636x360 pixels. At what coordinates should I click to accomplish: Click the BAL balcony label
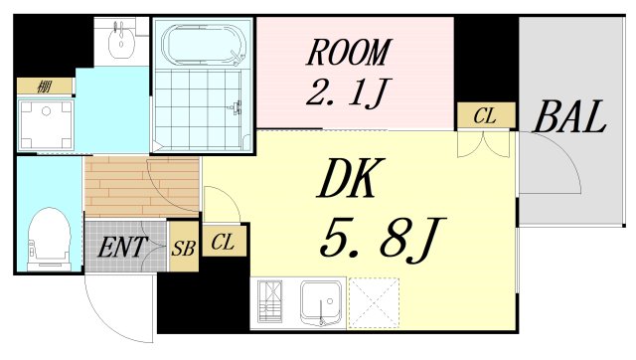[x=568, y=118]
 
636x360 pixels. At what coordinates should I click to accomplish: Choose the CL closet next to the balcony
[x=484, y=116]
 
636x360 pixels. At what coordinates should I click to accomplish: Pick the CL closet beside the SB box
[x=224, y=241]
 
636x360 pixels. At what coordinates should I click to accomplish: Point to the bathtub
[x=202, y=46]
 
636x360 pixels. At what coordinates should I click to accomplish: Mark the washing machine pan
[x=46, y=124]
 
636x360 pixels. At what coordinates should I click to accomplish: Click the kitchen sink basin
[x=322, y=302]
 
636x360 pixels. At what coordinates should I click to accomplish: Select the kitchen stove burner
[x=271, y=302]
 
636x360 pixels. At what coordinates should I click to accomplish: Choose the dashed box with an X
[x=374, y=302]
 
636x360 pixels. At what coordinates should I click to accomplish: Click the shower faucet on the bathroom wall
[x=237, y=108]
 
